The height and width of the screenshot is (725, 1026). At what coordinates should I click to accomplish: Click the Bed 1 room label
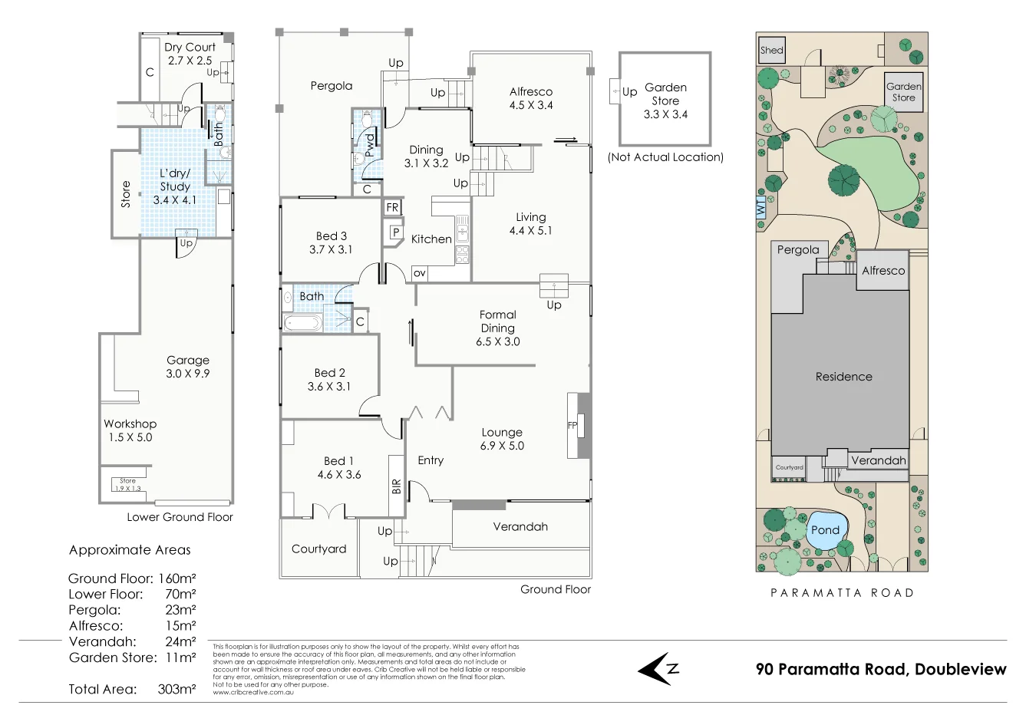coord(338,461)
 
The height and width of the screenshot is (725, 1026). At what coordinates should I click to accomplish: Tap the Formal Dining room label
coord(497,321)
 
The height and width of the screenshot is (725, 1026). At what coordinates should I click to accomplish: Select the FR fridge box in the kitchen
coord(392,207)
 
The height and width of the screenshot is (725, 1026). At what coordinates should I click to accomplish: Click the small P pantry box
coord(396,232)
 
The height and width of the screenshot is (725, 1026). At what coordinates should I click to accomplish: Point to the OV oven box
coord(419,273)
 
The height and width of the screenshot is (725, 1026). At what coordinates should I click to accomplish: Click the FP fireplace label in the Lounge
coord(572,425)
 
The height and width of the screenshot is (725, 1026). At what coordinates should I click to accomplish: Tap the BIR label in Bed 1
coord(396,486)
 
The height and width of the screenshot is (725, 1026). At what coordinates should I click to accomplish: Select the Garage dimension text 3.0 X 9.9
coord(188,374)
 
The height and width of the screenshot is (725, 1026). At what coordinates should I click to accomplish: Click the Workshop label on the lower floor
coord(130,423)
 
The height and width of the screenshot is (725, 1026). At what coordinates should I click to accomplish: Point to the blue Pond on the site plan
coord(825,531)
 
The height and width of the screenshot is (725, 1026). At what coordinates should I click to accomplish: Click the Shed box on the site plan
coord(771,51)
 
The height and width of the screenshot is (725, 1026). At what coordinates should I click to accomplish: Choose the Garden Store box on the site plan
coord(903,92)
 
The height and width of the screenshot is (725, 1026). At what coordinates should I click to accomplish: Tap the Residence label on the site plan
coord(843,377)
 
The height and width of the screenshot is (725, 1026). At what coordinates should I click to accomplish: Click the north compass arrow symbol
coord(658,669)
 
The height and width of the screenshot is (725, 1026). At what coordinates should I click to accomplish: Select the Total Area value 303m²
coord(176,689)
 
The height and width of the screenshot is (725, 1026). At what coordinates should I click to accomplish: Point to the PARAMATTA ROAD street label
coord(842,592)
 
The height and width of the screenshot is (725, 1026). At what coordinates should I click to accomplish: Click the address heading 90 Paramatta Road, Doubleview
coord(880,669)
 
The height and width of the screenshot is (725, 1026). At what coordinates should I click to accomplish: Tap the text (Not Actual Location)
coord(665,157)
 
